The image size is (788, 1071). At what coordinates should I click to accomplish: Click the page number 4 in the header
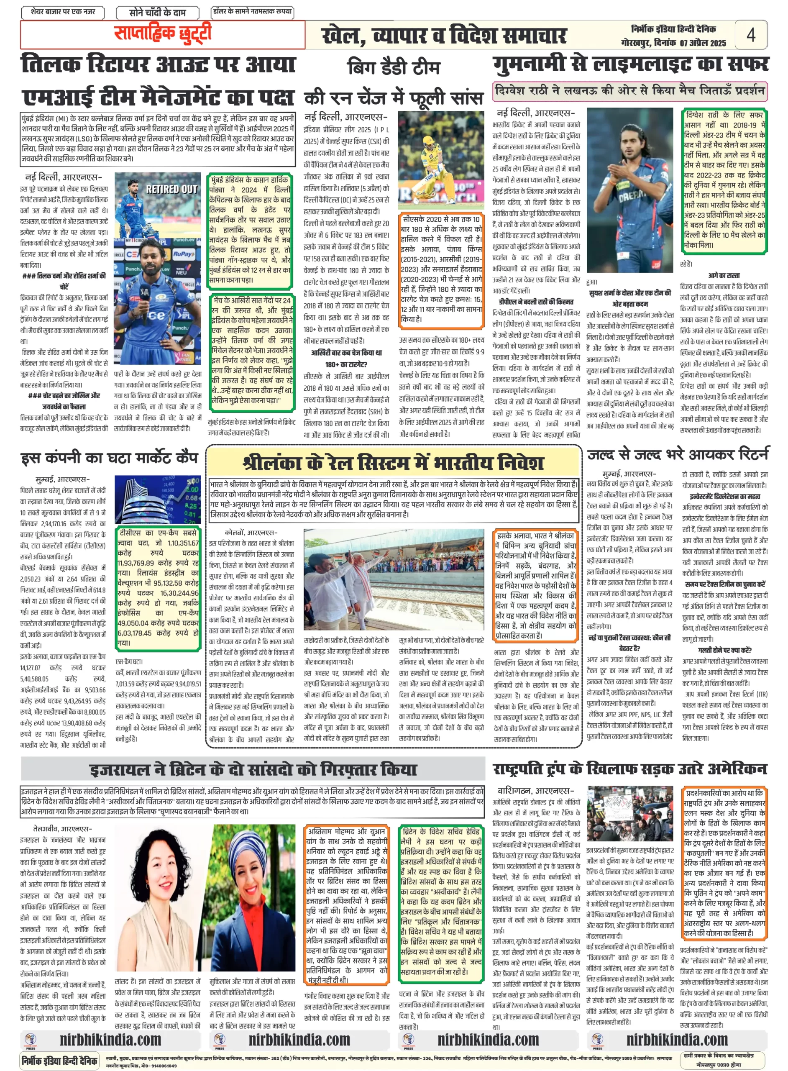click(750, 35)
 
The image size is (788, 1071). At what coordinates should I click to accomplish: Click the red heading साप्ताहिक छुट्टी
click(162, 33)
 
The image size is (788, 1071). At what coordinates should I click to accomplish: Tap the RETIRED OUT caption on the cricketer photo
click(171, 189)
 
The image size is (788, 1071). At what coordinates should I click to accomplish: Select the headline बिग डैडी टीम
click(394, 68)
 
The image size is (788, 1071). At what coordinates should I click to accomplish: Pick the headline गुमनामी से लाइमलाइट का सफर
click(630, 64)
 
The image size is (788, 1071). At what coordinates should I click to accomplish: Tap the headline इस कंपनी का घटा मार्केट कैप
click(109, 458)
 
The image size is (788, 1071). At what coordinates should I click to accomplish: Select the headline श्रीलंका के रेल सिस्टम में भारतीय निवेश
click(393, 463)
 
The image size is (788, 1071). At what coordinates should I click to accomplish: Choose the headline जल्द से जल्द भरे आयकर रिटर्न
click(677, 454)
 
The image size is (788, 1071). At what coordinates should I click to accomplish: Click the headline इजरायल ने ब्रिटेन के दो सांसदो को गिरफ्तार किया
click(253, 769)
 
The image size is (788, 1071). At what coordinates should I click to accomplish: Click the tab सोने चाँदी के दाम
click(157, 13)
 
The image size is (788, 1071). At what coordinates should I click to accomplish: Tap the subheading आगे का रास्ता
click(724, 275)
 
